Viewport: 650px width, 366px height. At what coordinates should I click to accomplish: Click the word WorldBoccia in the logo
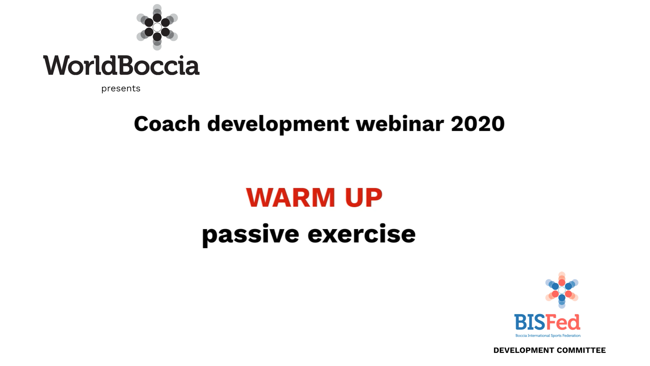pos(121,65)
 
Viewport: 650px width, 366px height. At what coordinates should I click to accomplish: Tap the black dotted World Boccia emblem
pos(157,27)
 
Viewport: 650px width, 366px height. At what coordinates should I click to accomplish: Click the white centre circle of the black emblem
pos(157,27)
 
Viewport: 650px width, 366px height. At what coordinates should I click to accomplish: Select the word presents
pos(121,89)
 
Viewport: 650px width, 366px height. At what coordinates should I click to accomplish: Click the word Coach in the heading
pos(167,124)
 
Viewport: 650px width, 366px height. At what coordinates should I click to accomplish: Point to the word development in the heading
pos(278,124)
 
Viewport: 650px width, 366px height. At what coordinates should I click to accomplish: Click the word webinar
pos(399,124)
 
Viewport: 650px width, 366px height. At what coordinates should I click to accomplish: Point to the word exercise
pos(361,234)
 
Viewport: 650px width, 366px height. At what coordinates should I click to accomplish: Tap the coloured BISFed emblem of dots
pos(562,290)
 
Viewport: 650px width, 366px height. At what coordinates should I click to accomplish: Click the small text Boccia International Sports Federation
pos(548,336)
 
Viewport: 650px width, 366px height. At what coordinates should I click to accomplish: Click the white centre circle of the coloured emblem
pos(562,290)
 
